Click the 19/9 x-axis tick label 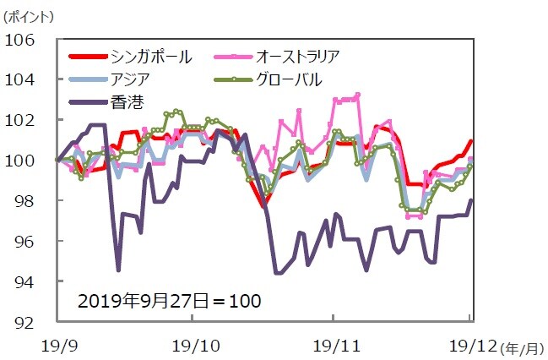56,346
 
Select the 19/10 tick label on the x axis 193,346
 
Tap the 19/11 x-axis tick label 334,346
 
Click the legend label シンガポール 151,57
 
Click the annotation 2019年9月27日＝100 169,300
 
